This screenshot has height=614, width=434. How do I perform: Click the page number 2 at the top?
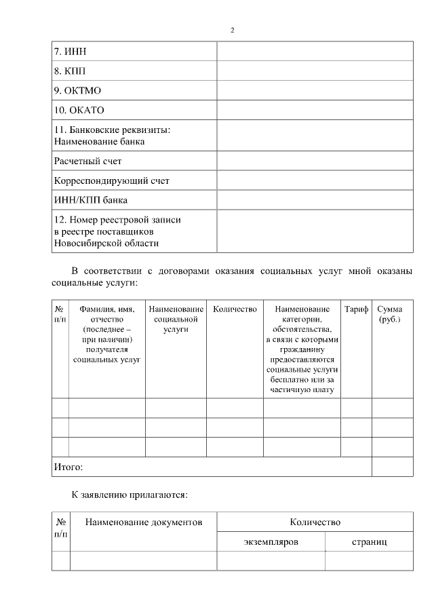point(232,31)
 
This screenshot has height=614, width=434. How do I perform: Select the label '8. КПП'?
point(70,71)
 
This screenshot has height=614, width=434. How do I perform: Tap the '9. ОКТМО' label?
point(77,90)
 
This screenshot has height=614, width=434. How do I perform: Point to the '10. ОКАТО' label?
point(79,110)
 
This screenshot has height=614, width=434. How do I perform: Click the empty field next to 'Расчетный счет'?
point(314,161)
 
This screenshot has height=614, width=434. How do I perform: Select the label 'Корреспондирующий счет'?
point(111,181)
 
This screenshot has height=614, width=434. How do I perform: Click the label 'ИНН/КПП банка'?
point(90,200)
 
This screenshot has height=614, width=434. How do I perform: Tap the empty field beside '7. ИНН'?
point(314,51)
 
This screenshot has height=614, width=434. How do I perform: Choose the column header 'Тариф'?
point(356,309)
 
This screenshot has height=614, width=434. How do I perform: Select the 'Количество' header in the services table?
point(235,309)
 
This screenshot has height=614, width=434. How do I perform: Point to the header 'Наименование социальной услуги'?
point(176,319)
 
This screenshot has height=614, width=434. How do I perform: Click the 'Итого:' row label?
point(68,467)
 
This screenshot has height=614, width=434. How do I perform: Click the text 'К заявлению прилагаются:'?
point(130,495)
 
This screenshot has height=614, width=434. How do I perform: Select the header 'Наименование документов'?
point(144,522)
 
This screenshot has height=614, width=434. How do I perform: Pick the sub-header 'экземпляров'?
point(271,542)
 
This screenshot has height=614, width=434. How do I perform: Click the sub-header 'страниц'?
point(369,542)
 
